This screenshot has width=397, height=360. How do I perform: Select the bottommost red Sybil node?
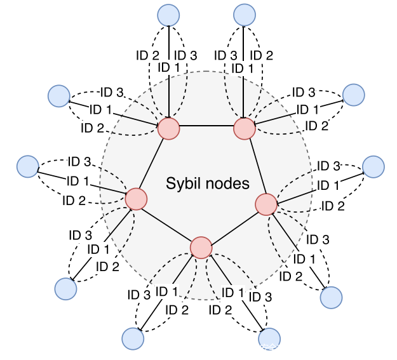point(201,247)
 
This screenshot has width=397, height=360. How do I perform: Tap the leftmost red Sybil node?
point(136,199)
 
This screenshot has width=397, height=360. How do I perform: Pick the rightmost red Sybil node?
point(266,204)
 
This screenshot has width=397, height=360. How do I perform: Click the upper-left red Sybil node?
point(169,128)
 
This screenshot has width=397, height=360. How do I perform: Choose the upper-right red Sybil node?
point(245,128)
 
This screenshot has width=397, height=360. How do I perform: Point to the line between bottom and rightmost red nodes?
point(234,225)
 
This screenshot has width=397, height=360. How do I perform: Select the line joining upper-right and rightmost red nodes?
point(255,166)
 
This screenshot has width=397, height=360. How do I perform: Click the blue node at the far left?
point(27,167)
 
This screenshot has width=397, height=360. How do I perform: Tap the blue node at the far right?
point(373,166)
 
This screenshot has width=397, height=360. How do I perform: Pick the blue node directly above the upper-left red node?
point(169,15)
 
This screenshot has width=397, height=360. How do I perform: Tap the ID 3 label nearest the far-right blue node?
point(328,166)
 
